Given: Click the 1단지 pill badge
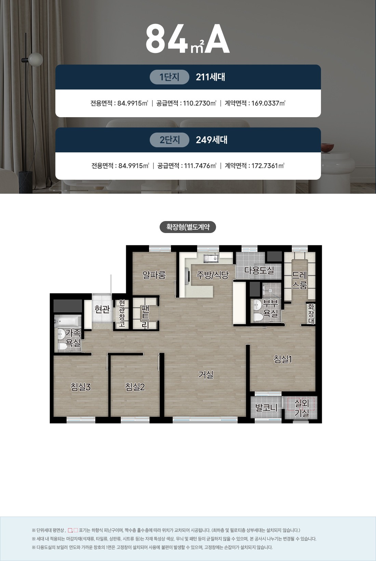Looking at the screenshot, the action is (x=169, y=77).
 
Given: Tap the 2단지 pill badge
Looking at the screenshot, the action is (x=169, y=140).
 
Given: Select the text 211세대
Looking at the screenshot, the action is (x=211, y=77).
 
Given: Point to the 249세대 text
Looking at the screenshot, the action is (x=212, y=140).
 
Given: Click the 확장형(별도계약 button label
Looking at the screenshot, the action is (x=188, y=227).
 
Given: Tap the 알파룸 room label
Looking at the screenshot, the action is (x=154, y=275).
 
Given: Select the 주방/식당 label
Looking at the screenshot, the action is (x=212, y=275).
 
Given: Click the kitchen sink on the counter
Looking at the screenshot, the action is (x=211, y=258).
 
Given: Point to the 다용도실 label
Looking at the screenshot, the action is (x=259, y=270).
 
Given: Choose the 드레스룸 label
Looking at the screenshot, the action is (x=299, y=280).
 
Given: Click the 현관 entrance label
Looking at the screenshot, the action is (x=102, y=310).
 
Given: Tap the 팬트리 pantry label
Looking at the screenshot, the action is (x=145, y=317).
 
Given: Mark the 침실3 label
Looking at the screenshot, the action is (x=80, y=387).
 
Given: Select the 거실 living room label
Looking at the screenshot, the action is (x=206, y=375).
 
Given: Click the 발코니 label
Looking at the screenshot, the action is (x=266, y=408).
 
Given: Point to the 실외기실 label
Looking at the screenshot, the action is (x=301, y=408).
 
